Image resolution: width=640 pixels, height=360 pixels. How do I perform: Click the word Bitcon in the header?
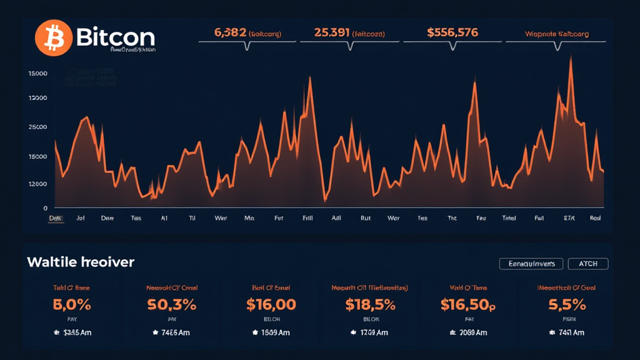click(x=116, y=37)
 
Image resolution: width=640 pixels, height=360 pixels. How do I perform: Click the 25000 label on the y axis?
click(x=38, y=127)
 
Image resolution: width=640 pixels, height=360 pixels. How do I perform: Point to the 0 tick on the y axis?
click(x=45, y=208)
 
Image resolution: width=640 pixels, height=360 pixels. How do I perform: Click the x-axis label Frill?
click(x=307, y=219)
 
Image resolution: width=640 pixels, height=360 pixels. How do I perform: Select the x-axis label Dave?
click(x=107, y=219)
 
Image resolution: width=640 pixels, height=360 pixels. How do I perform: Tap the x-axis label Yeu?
click(x=481, y=219)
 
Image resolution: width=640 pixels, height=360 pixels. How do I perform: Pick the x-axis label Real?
click(x=596, y=219)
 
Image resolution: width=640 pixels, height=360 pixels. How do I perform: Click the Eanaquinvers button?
click(x=531, y=264)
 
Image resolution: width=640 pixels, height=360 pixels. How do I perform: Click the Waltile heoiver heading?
click(x=81, y=262)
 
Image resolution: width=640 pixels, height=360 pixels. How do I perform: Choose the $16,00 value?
click(x=271, y=305)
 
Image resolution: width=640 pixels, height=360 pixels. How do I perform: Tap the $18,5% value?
click(x=370, y=305)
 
